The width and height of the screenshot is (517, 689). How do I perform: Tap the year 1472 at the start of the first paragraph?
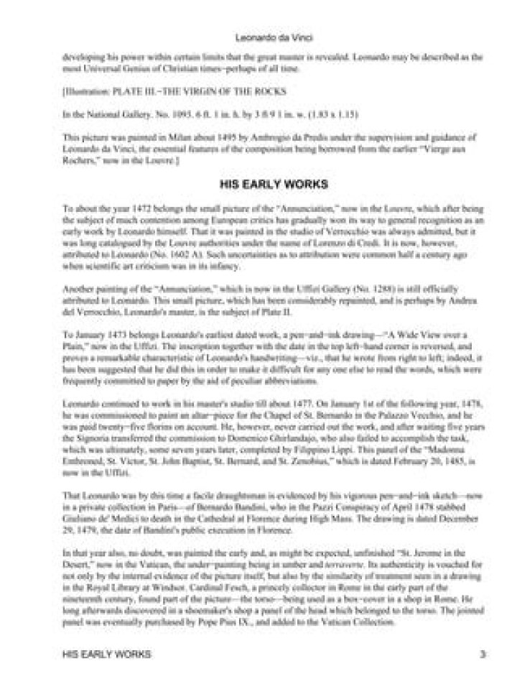(126, 207)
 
